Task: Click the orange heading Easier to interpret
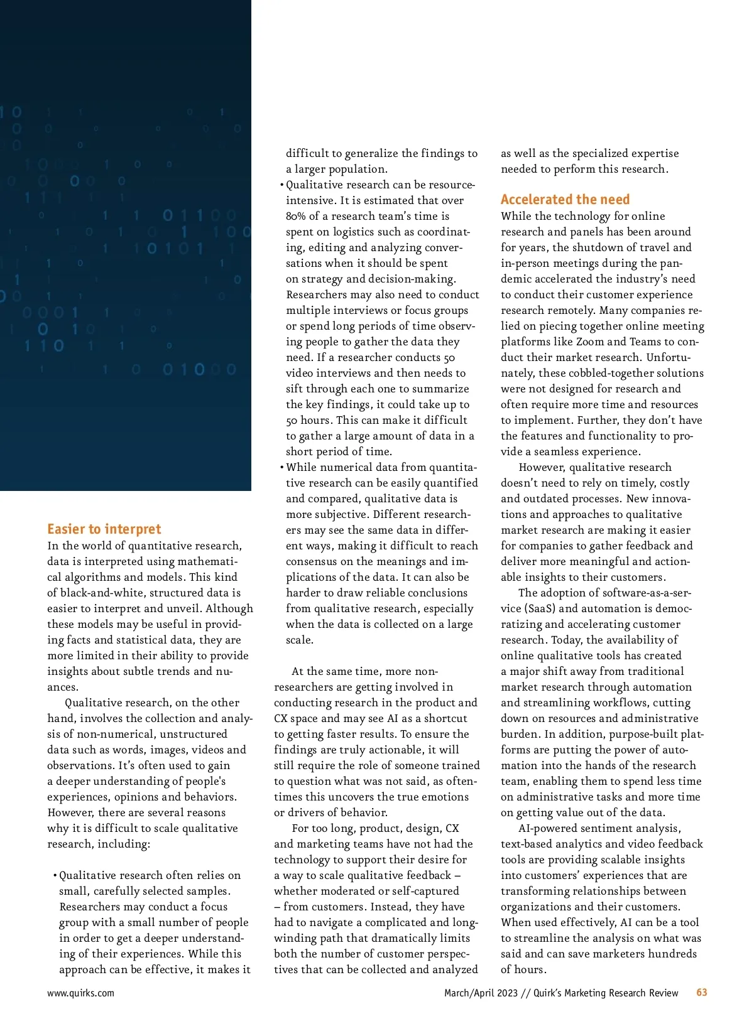(104, 529)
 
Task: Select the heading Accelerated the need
(565, 200)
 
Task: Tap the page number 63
(702, 993)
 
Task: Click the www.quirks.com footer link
(80, 993)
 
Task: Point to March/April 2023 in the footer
(481, 993)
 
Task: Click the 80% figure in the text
(295, 216)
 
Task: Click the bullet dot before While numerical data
(281, 468)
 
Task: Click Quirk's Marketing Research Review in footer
(606, 993)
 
